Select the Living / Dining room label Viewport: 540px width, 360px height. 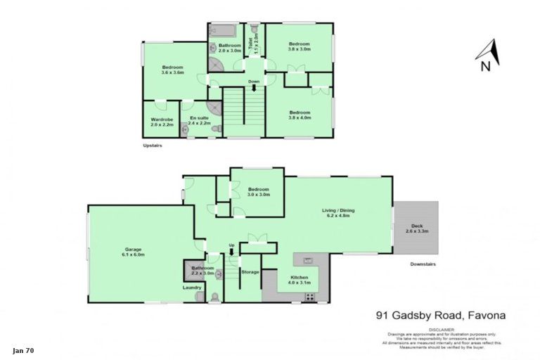point(339,213)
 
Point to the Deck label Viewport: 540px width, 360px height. point(417,229)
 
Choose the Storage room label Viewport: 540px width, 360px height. point(250,271)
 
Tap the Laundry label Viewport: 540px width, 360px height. point(192,288)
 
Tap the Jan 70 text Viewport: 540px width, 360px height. point(23,349)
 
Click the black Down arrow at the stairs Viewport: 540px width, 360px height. point(254,88)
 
